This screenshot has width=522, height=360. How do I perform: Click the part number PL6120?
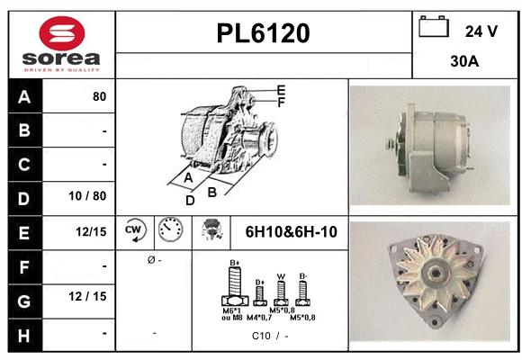click(264, 34)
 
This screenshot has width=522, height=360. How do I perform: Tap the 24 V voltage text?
click(481, 31)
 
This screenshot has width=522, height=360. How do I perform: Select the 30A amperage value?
click(464, 64)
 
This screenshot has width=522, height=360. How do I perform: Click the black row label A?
click(23, 97)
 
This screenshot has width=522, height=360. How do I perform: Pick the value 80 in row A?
click(99, 97)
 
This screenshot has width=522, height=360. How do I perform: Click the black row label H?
click(23, 334)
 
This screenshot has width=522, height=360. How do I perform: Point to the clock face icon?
click(170, 231)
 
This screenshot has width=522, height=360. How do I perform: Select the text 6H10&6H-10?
click(291, 232)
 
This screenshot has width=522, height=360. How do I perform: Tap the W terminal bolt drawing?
click(282, 290)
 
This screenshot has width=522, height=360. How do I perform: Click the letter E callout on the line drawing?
click(281, 90)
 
